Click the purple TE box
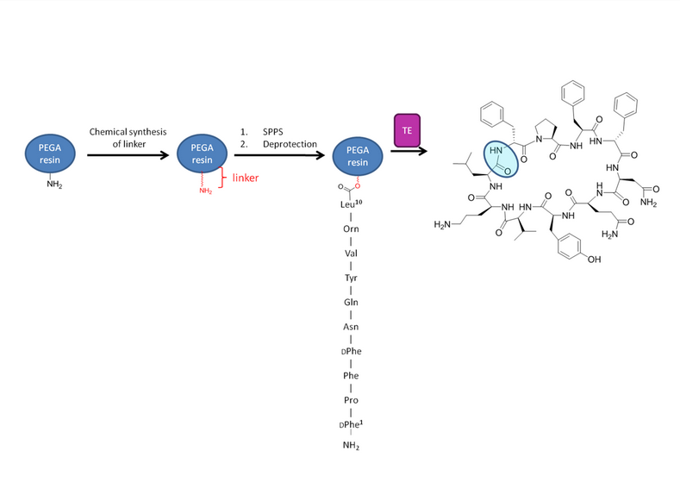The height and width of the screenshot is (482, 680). point(407,130)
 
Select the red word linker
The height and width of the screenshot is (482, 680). point(246,178)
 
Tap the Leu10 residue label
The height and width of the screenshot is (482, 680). point(352,203)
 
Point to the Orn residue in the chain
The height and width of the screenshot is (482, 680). point(351,228)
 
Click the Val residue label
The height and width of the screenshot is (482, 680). point(351,253)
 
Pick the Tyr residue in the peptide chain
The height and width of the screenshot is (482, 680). point(351,278)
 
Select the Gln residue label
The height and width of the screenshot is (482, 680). point(351,302)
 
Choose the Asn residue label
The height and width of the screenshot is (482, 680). point(351,327)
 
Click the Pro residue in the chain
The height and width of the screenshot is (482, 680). point(351,400)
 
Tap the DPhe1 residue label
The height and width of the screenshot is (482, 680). point(351,424)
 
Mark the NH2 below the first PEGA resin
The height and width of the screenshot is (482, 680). point(54,185)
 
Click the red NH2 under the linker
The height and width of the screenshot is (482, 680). point(206,191)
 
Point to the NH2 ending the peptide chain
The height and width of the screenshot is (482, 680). point(351,445)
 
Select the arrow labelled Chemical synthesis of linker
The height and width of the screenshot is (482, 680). point(128,155)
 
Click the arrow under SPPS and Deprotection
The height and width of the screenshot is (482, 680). point(279,155)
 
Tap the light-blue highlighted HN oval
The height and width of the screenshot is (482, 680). point(501,159)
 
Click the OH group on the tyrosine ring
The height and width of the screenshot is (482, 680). point(594,260)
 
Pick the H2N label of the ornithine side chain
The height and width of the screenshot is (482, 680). point(442,224)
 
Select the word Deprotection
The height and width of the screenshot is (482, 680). point(290,144)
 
